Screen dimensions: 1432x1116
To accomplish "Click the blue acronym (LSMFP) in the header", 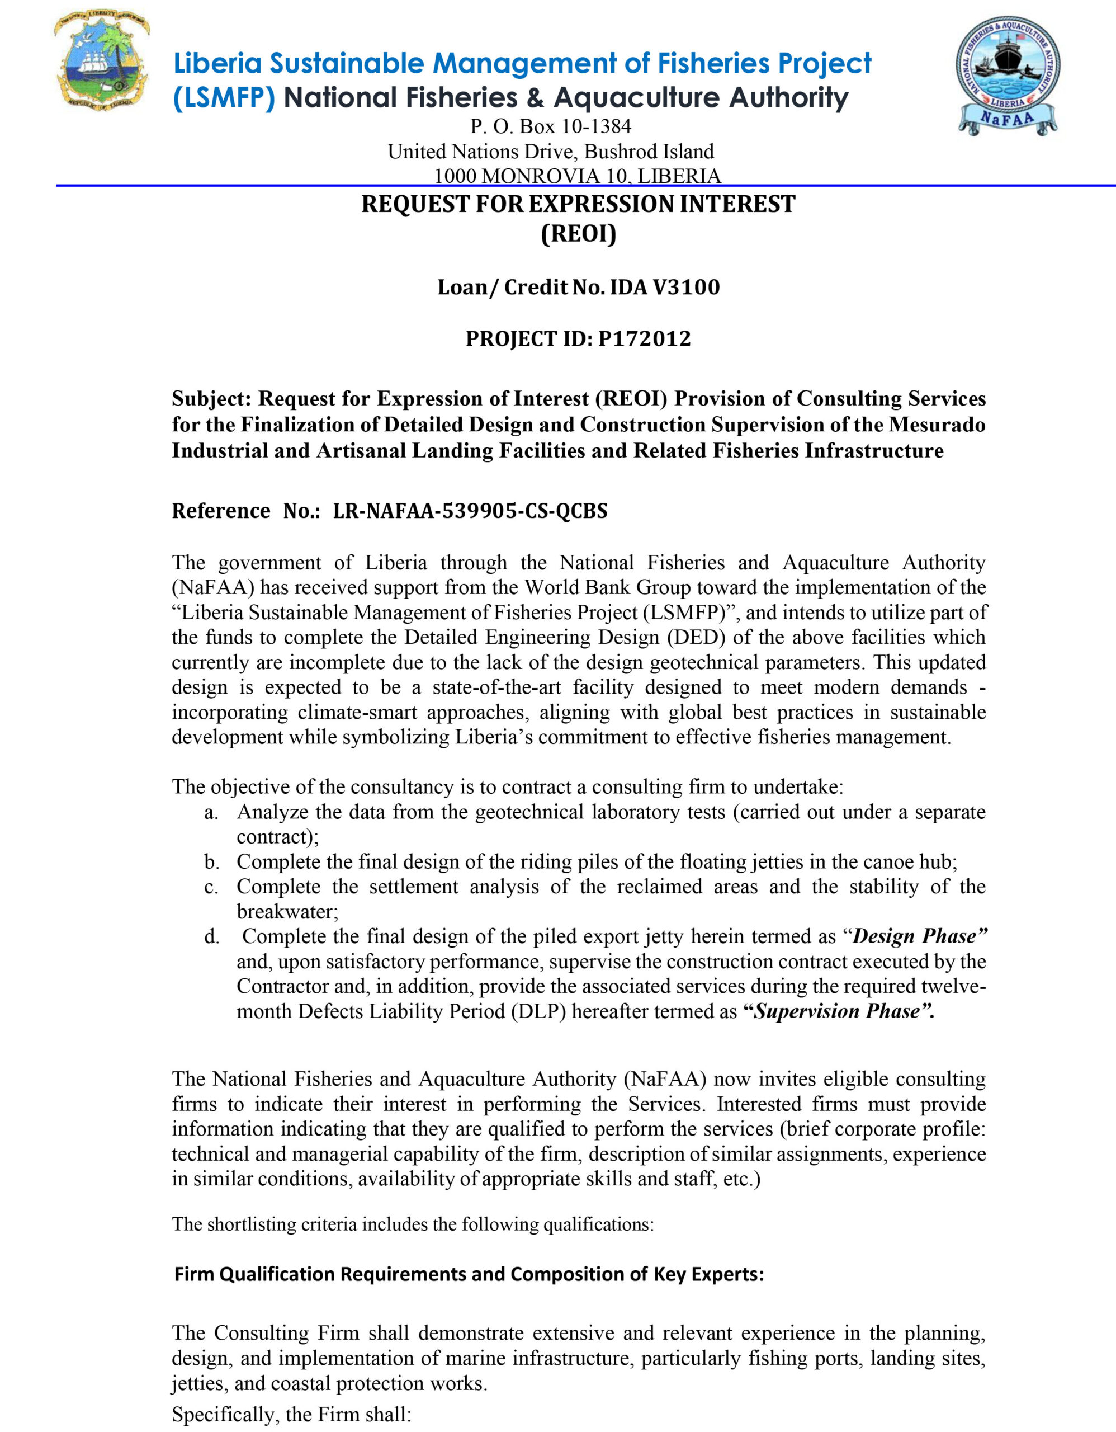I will [224, 98].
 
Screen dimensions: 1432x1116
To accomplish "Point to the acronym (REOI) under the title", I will [579, 233].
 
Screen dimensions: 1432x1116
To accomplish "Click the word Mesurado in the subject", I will [937, 425].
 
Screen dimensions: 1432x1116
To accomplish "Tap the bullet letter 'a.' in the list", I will [210, 813].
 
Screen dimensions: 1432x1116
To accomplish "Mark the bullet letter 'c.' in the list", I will [210, 888].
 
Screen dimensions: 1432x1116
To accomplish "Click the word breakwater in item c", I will [286, 912].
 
